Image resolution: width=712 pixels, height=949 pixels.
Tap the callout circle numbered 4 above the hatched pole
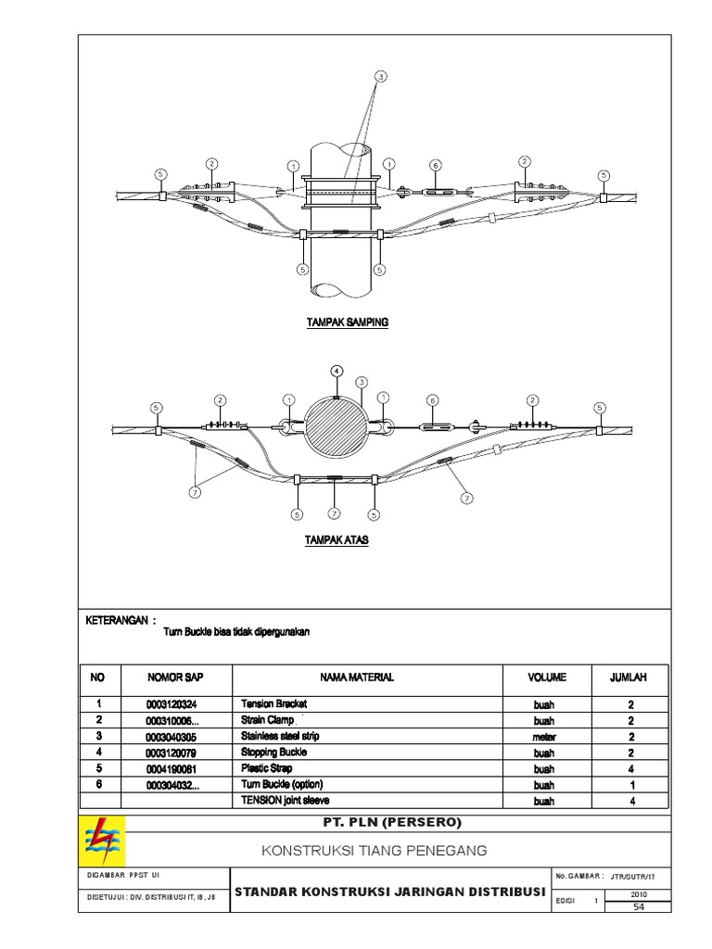coord(337,370)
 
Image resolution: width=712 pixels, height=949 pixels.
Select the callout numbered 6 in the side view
coord(434,166)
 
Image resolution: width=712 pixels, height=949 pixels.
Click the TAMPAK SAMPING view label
coord(348,323)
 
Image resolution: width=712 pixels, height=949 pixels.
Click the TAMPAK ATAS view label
coord(337,538)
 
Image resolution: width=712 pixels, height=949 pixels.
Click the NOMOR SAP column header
coord(168,677)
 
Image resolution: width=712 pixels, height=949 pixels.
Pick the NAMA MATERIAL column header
coord(357,677)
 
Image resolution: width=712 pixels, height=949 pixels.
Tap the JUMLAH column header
coord(627,677)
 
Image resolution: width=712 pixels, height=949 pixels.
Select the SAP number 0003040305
coord(172,737)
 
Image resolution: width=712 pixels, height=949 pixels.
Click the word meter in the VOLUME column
coord(543,737)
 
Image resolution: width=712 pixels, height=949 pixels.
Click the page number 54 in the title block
coord(637,906)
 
